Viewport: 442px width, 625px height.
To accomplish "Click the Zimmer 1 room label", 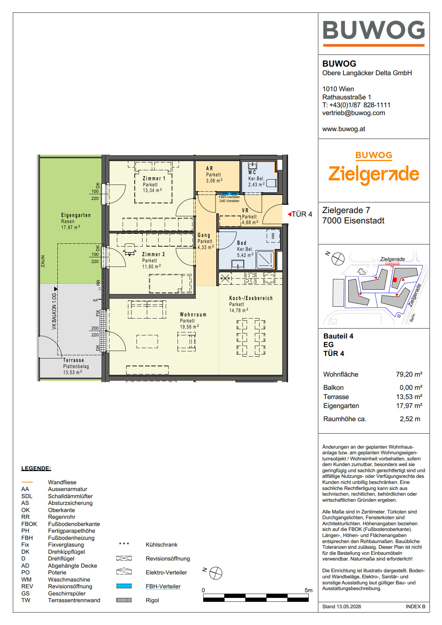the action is [x=154, y=179].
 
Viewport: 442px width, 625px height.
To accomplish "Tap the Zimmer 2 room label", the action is [x=153, y=254].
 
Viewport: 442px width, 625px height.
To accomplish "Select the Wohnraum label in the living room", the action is [x=193, y=315].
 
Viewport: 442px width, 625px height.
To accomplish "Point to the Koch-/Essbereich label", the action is [x=251, y=298].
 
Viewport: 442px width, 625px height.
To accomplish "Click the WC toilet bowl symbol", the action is [x=272, y=183].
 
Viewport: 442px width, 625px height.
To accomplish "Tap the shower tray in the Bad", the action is [x=265, y=260].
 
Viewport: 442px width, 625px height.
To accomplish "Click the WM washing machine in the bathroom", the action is [x=273, y=236].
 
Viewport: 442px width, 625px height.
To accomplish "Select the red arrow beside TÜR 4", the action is [x=289, y=214].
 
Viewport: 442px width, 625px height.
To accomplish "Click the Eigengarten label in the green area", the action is [x=76, y=215].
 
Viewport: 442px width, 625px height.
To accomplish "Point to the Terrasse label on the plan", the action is [x=73, y=360].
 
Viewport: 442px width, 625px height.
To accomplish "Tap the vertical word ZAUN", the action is [x=43, y=261].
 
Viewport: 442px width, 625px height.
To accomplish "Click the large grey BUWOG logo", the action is [x=374, y=30].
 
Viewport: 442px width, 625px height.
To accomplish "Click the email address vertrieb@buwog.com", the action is [x=354, y=113].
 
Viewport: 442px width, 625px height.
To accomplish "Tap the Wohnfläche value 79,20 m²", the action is [x=409, y=374].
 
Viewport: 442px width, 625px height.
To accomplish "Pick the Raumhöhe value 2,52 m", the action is [x=410, y=419].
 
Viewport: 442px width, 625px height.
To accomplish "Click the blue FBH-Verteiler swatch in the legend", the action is [x=124, y=586].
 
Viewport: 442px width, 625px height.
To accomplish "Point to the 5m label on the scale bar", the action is [x=308, y=590].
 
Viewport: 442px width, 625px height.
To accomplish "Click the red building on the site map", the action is [x=395, y=280].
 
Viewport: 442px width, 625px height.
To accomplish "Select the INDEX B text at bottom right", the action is [x=415, y=606].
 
